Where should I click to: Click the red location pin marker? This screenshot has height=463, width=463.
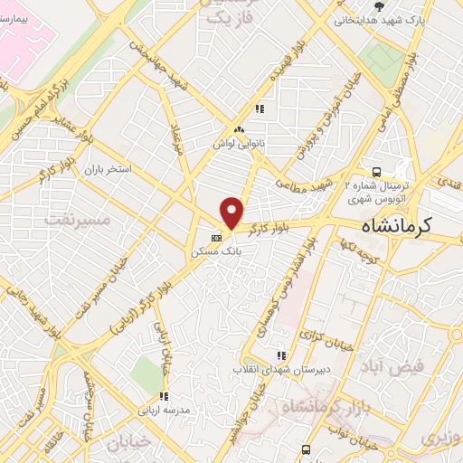coord(232,213)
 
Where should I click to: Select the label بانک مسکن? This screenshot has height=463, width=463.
coord(216,253)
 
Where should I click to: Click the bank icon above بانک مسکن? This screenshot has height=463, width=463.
coord(215,239)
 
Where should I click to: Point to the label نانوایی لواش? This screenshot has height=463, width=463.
coord(237,144)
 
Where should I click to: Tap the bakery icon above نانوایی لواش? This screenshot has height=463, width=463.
coord(237,130)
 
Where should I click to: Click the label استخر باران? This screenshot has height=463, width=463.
coord(108,169)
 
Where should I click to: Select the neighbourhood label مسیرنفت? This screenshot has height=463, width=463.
coord(76,220)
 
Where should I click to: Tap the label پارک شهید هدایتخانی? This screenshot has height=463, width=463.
coord(378,19)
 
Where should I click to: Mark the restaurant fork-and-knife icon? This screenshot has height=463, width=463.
coord(259,109)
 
